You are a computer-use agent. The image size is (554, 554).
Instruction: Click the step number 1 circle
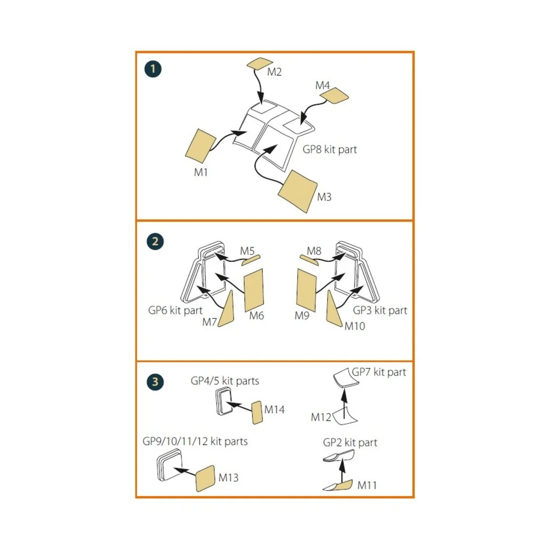pyautogui.click(x=153, y=69)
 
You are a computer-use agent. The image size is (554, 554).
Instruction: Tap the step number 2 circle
pyautogui.click(x=155, y=241)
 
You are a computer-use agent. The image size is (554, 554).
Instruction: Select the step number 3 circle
pyautogui.click(x=155, y=382)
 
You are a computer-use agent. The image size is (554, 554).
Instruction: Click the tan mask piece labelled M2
pyautogui.click(x=260, y=64)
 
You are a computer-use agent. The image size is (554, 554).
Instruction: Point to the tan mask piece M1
pyautogui.click(x=200, y=145)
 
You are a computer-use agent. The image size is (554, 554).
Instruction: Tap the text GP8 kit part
pyautogui.click(x=330, y=150)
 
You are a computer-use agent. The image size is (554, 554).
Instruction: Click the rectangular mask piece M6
pyautogui.click(x=253, y=290)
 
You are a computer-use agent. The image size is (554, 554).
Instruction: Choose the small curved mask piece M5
pyautogui.click(x=251, y=260)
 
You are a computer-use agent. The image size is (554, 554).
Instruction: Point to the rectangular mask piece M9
pyautogui.click(x=307, y=290)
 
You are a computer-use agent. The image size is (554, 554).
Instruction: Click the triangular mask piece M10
pyautogui.click(x=333, y=309)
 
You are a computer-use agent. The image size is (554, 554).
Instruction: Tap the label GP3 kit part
pyautogui.click(x=380, y=311)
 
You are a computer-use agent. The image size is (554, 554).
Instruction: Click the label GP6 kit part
pyautogui.click(x=175, y=311)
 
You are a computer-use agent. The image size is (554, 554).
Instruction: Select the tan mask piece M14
pyautogui.click(x=257, y=413)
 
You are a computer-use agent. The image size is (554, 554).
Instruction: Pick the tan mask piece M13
pyautogui.click(x=205, y=478)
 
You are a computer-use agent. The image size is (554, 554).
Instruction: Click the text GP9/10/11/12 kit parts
pyautogui.click(x=195, y=441)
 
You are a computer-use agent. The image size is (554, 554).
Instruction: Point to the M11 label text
pyautogui.click(x=367, y=485)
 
